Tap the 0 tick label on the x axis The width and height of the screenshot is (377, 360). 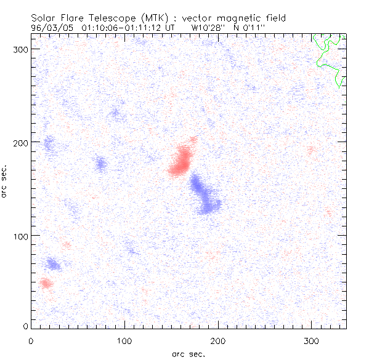(x=30, y=340)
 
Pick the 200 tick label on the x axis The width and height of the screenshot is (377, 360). (x=217, y=340)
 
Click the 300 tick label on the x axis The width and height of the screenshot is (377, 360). (x=311, y=340)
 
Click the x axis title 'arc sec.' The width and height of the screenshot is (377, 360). (x=188, y=354)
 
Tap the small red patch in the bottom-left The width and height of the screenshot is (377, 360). (x=45, y=283)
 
